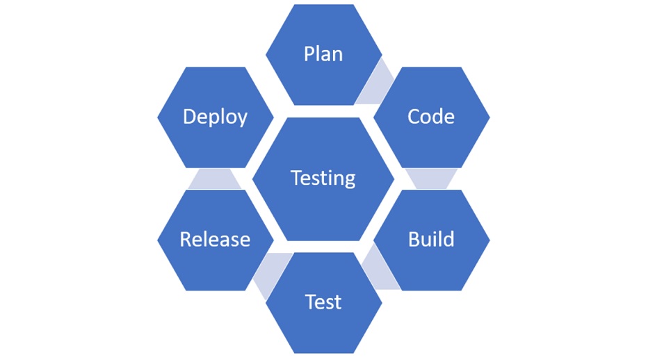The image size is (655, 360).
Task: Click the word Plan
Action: coord(323,54)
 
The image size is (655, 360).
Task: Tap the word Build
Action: coord(431,240)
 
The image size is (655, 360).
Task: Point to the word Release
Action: coord(215,240)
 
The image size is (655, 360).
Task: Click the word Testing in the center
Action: coord(323,178)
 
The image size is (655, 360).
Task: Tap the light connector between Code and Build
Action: coord(431,178)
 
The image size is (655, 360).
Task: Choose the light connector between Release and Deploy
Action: coord(215,179)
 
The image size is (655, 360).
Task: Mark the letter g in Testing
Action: coord(349,181)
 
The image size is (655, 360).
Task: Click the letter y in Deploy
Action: coord(241,120)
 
